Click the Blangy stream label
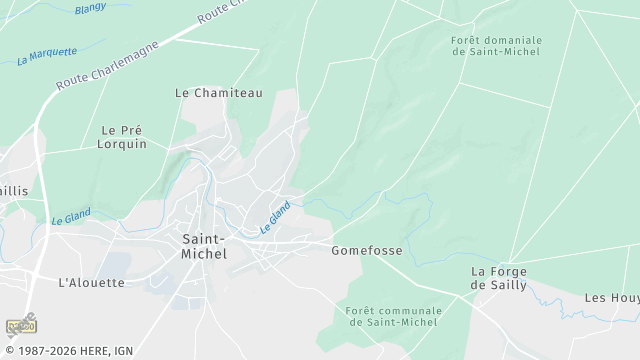pyautogui.click(x=90, y=8)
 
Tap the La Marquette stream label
pyautogui.click(x=47, y=56)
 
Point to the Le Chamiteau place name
pyautogui.click(x=218, y=93)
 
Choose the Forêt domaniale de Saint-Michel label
pyautogui.click(x=495, y=46)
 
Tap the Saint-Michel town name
pyautogui.click(x=204, y=246)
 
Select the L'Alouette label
pyautogui.click(x=92, y=282)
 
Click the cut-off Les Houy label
pyautogui.click(x=611, y=298)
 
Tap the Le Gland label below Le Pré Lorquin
pyautogui.click(x=71, y=215)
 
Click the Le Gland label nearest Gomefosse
pyautogui.click(x=275, y=217)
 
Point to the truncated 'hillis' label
pyautogui.click(x=14, y=190)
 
